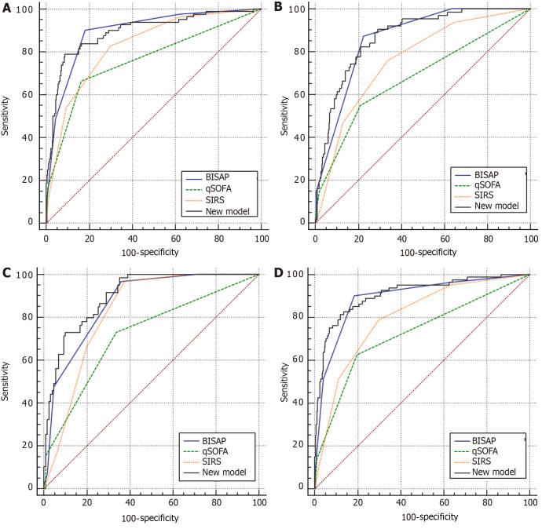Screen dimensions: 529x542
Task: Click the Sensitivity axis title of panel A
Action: [x=7, y=115]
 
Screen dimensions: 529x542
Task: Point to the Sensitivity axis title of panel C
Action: [x=7, y=381]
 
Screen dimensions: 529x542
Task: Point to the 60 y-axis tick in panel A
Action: [x=30, y=94]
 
